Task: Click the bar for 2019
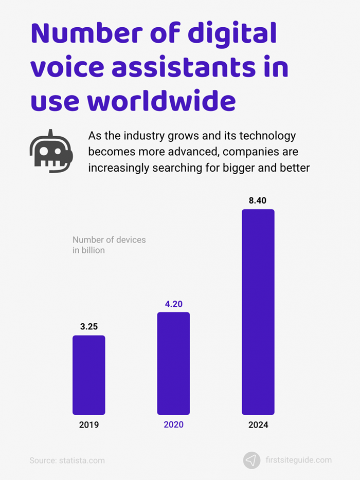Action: [x=88, y=375]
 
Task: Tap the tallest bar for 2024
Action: [x=258, y=311]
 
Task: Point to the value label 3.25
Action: [x=88, y=326]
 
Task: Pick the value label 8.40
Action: [x=258, y=200]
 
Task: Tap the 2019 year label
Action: [x=88, y=425]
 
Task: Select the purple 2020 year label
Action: [x=173, y=425]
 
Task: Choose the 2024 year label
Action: [x=258, y=425]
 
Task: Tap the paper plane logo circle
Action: [x=251, y=460]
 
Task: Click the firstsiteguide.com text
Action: [x=299, y=460]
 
